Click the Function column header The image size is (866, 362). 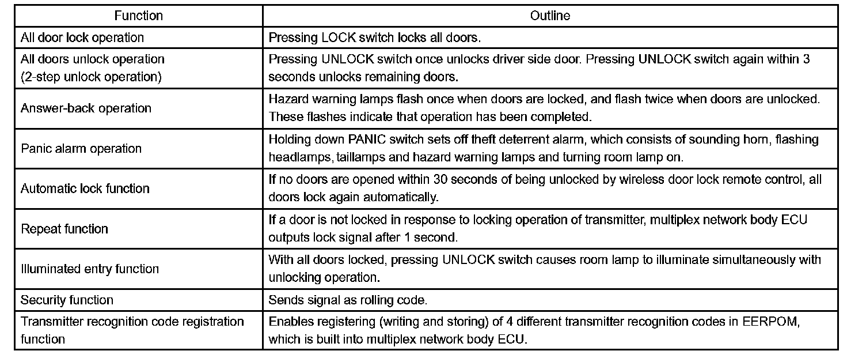tap(138, 16)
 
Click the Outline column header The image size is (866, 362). tap(550, 16)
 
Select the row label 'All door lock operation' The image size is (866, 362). tap(82, 38)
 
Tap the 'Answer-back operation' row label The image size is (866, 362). tap(86, 108)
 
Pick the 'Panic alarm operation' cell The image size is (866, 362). tap(81, 149)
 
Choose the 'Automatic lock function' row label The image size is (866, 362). tap(85, 188)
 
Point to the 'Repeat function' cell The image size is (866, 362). tap(64, 229)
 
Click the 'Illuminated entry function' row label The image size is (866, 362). tap(90, 269)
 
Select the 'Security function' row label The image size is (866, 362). tap(67, 300)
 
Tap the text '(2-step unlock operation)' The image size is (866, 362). tap(91, 77)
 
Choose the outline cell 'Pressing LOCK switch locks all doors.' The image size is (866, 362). tap(375, 38)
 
